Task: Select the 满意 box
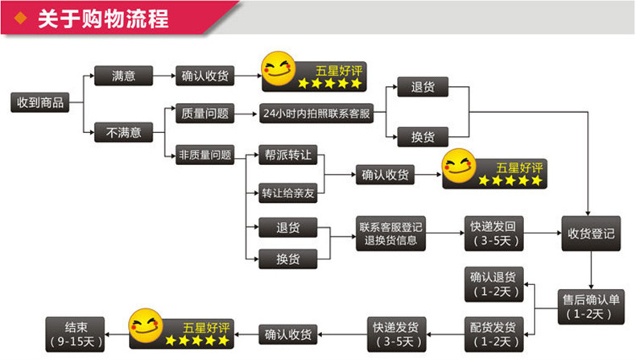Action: click(x=123, y=77)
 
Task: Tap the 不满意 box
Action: click(x=123, y=132)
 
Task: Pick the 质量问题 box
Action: click(x=204, y=114)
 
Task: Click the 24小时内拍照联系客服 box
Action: click(x=317, y=114)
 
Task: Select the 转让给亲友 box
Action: click(x=287, y=193)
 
